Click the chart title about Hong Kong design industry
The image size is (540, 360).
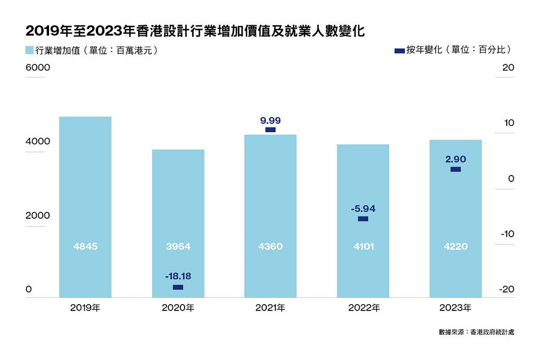[x=195, y=31]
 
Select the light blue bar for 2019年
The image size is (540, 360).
[x=85, y=207]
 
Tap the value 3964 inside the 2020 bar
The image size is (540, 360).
[x=178, y=247]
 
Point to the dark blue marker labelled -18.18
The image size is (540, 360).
[x=178, y=287]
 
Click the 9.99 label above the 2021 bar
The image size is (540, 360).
[x=271, y=121]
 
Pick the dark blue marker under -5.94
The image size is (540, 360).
[x=363, y=219]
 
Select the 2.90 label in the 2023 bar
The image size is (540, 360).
[x=456, y=159]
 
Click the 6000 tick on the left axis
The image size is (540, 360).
[x=38, y=67]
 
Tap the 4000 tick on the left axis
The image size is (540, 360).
[x=38, y=141]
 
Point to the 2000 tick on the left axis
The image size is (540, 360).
[x=38, y=216]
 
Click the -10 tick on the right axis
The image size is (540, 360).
[x=507, y=234]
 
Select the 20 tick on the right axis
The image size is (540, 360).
[x=508, y=67]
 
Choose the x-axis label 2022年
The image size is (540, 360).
[x=364, y=308]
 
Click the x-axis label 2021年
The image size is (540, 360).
[x=271, y=308]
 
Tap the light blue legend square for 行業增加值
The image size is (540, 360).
[x=30, y=50]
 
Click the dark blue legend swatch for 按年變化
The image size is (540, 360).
[x=400, y=51]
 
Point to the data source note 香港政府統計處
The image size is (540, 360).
[x=492, y=332]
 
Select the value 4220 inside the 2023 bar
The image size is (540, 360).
[x=456, y=247]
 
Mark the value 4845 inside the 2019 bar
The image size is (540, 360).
[x=85, y=247]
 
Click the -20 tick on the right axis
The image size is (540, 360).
[x=507, y=289]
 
